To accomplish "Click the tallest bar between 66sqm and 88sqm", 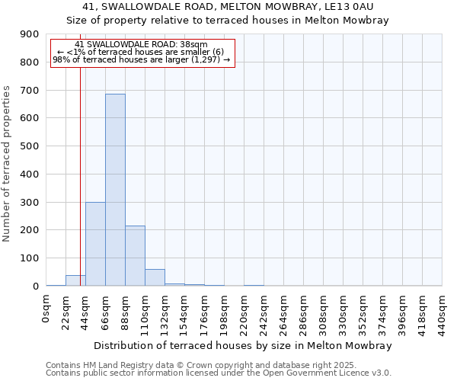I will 115,190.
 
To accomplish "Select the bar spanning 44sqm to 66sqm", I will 95,244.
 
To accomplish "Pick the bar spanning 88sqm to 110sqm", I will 135,256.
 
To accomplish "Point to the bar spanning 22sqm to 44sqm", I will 75,280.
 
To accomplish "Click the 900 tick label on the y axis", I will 30,34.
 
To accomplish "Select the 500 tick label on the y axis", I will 30,146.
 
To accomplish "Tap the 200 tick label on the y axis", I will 30,230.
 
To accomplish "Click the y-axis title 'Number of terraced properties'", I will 7,163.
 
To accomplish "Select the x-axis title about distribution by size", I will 244,345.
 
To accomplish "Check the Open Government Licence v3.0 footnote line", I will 219,373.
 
